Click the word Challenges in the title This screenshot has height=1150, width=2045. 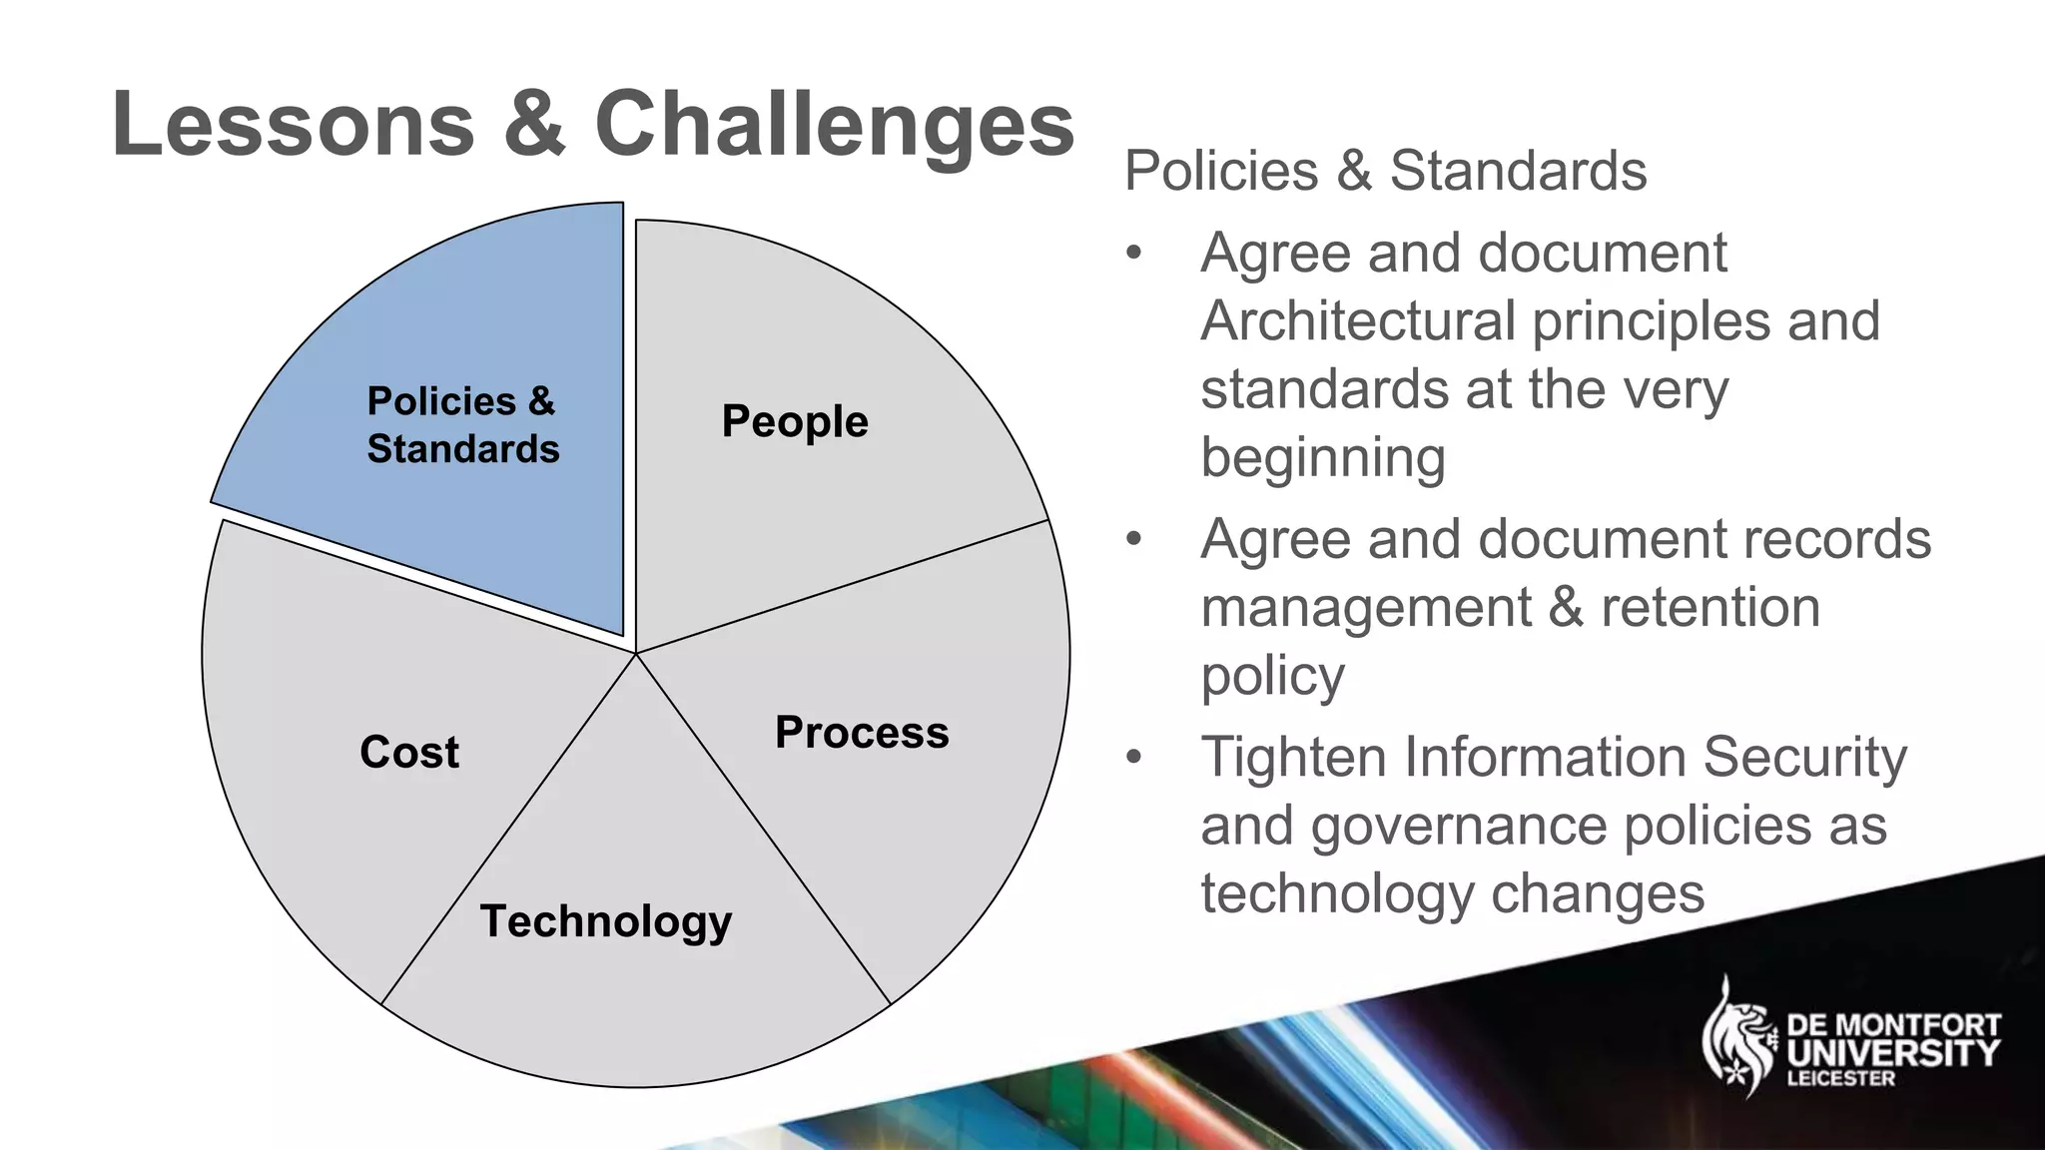(x=834, y=125)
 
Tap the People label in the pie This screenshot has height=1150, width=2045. (x=795, y=422)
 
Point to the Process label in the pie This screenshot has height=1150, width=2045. (x=862, y=733)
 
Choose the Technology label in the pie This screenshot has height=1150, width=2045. (x=606, y=921)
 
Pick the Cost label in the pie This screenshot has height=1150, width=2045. (x=409, y=752)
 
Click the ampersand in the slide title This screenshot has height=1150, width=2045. (x=534, y=125)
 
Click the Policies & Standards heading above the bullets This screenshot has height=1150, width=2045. (x=1385, y=171)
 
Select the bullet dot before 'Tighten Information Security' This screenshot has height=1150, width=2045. (x=1132, y=758)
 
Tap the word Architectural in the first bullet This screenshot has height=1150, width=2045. (x=1357, y=321)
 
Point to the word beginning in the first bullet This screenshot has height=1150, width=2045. (x=1323, y=458)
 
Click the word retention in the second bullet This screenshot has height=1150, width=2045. (x=1710, y=608)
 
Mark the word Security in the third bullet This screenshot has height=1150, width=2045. (x=1804, y=757)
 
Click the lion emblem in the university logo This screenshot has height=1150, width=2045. (x=1738, y=1037)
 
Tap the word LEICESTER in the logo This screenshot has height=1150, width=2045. (x=1840, y=1079)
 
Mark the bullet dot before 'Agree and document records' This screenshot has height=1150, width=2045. (x=1132, y=540)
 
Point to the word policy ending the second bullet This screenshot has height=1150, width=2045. (x=1272, y=677)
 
